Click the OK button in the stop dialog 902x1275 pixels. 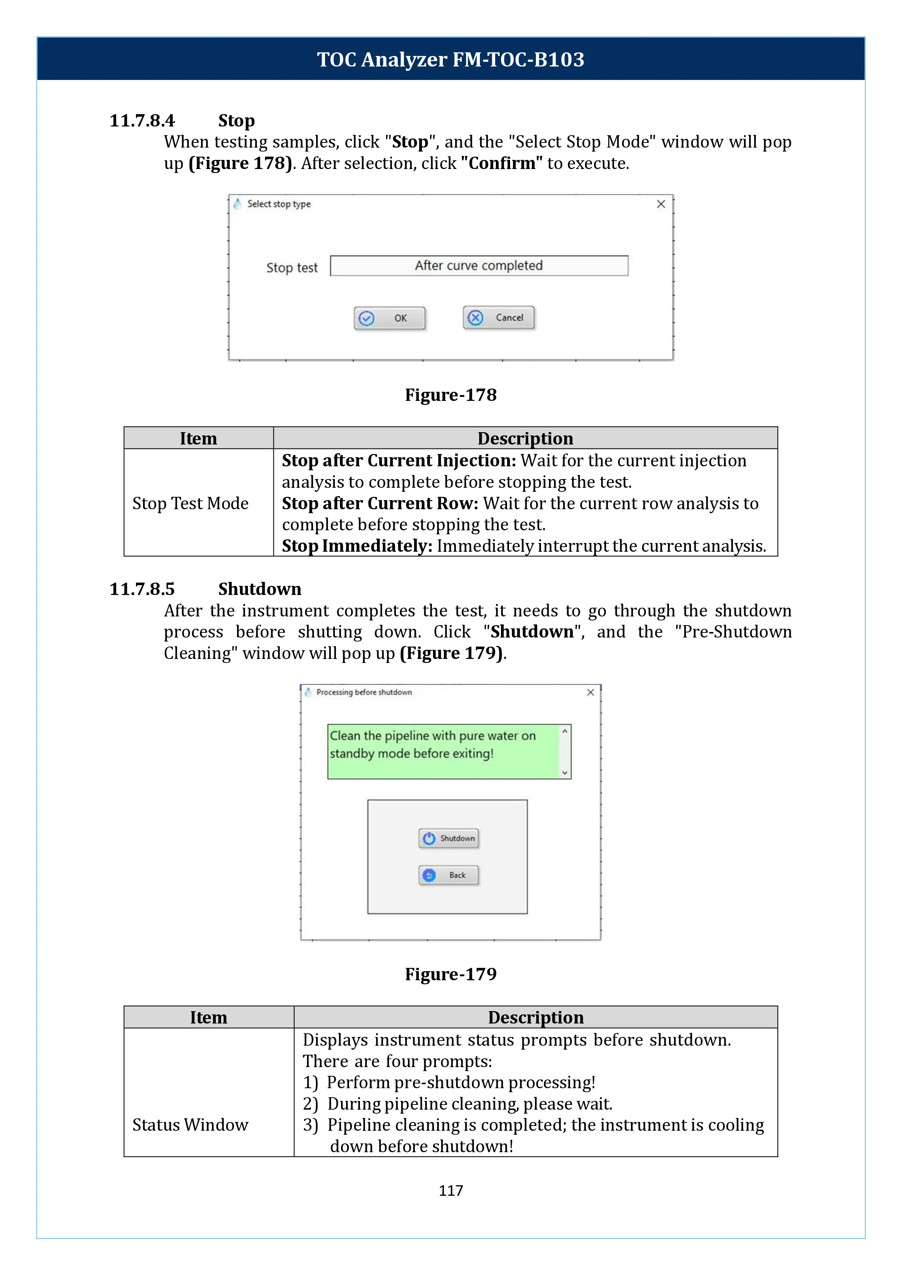coord(389,318)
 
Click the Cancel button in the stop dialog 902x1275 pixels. coord(499,318)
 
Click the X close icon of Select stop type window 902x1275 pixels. coord(661,204)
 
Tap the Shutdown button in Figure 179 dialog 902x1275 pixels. coord(448,838)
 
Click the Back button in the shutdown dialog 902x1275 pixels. coord(448,875)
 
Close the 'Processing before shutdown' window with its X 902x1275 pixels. coord(590,692)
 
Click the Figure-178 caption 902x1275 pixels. coord(450,395)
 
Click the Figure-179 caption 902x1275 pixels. coord(450,974)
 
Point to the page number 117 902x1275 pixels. coord(450,1191)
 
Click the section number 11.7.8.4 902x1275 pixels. coord(142,121)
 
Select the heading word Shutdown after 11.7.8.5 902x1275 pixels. coord(259,589)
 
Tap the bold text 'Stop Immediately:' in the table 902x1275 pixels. coord(357,546)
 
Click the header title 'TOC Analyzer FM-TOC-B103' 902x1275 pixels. coord(450,59)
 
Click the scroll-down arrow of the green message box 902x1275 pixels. coord(565,772)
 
